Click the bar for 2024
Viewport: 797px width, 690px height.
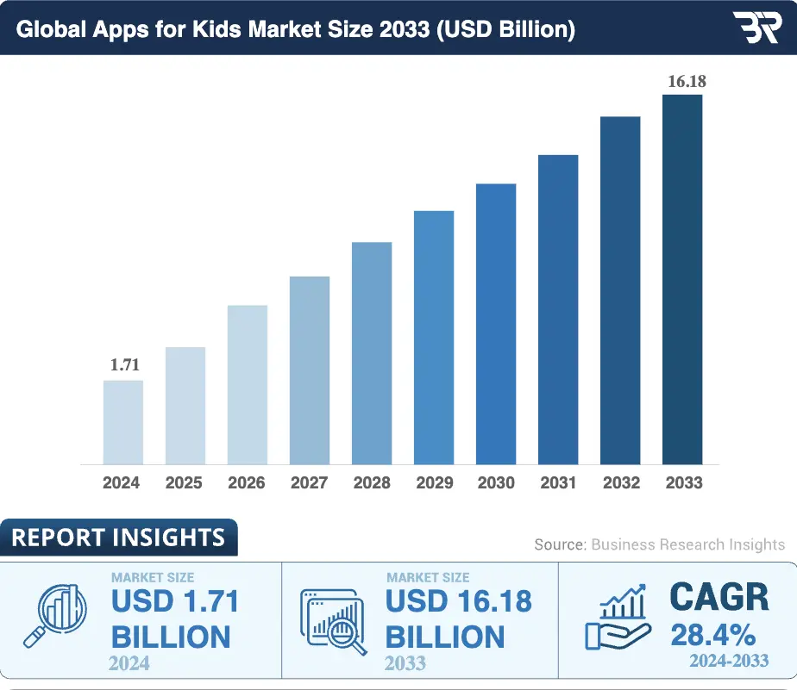tap(123, 422)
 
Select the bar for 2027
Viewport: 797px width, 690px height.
tap(310, 370)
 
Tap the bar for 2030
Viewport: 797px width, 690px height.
tap(496, 324)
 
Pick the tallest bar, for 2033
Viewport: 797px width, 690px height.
tap(682, 279)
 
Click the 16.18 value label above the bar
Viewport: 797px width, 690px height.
tap(687, 82)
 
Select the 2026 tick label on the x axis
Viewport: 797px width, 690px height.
tap(247, 483)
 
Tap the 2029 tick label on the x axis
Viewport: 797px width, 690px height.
tap(434, 483)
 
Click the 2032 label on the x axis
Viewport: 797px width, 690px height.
tap(620, 483)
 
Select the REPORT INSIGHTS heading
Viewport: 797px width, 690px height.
tap(118, 538)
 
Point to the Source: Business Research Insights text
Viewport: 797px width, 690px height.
tap(659, 544)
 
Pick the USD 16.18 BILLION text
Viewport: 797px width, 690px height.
tap(458, 619)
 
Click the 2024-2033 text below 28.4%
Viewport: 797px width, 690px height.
tap(730, 662)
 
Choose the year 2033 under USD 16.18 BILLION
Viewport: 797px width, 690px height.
tap(405, 663)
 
